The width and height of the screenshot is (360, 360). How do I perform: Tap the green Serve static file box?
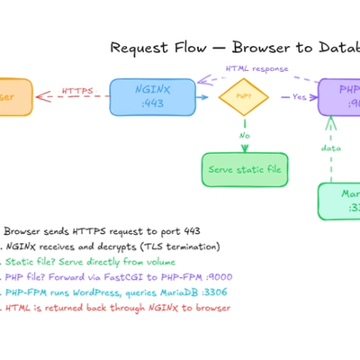pyautogui.click(x=243, y=168)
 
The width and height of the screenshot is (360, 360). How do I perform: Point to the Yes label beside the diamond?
pyautogui.click(x=299, y=96)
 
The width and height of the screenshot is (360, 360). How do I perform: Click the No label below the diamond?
pyautogui.click(x=243, y=137)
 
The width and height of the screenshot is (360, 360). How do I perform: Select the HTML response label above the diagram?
pyautogui.click(x=256, y=67)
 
